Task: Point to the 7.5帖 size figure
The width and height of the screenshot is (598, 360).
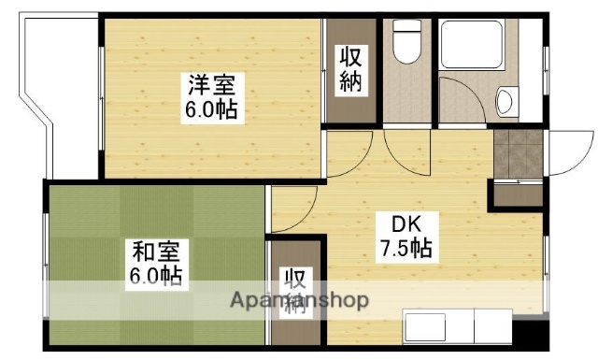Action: click(405, 250)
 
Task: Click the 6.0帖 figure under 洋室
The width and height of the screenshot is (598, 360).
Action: click(209, 110)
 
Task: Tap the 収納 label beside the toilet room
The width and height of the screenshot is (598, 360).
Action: click(351, 70)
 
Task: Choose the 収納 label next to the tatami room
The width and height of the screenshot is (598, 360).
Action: click(295, 292)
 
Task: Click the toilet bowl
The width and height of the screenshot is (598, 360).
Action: click(406, 43)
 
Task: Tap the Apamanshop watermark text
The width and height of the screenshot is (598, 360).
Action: click(299, 301)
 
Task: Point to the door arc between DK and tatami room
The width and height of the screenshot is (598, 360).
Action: click(294, 210)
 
